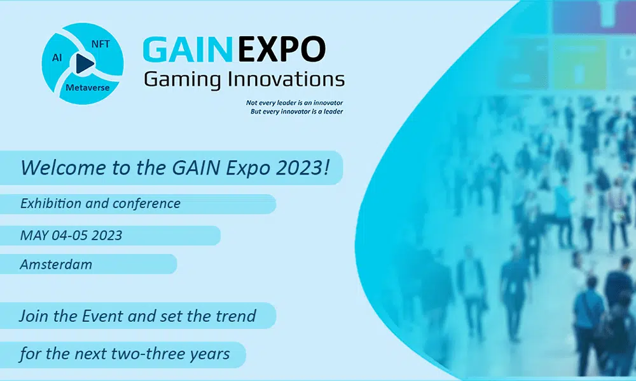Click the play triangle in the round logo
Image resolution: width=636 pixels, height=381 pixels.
(84, 63)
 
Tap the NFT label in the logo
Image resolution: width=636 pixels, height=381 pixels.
(100, 44)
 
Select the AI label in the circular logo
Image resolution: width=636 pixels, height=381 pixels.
(57, 58)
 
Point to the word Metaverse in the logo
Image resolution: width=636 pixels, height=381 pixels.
(87, 88)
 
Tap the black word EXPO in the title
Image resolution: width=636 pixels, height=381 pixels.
(281, 50)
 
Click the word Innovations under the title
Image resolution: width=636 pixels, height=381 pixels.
(286, 79)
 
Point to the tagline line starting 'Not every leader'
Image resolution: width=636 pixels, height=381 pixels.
(294, 103)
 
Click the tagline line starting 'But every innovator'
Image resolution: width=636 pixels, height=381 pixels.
(296, 111)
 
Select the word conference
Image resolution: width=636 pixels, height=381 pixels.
(146, 203)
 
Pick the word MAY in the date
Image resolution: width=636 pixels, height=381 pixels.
(34, 235)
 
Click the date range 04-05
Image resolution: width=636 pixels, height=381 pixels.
(70, 235)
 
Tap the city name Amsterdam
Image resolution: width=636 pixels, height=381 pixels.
(56, 264)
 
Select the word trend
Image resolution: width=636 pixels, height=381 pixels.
(235, 316)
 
